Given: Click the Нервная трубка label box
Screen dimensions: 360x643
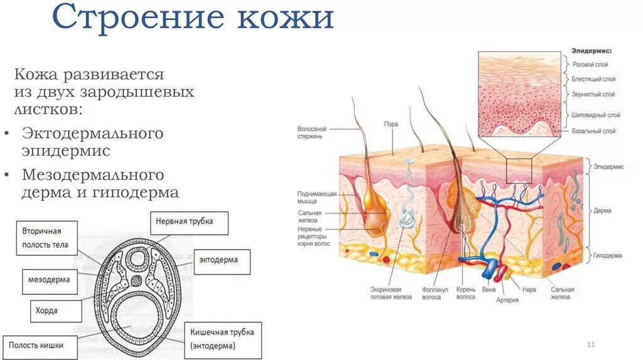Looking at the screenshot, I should click(x=190, y=222).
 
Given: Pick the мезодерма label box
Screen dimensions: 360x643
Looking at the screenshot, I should click(x=50, y=280).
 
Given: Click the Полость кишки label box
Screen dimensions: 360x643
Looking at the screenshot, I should click(x=41, y=346).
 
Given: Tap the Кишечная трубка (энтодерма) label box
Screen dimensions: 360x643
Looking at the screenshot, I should click(x=224, y=339).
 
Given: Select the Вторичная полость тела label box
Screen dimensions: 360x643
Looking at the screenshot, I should click(x=46, y=238).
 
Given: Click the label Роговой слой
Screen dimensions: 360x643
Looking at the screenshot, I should click(x=590, y=65).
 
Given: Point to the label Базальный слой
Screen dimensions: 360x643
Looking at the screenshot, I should click(x=593, y=131).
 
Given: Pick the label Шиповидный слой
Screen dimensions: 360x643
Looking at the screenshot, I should click(x=596, y=115).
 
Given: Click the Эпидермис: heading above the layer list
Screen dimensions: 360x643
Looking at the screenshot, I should click(x=591, y=50).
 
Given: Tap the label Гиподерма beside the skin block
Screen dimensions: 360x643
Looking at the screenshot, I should click(x=608, y=256).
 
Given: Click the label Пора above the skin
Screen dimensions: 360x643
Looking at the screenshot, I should click(x=391, y=124).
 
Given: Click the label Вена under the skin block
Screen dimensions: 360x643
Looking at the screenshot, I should click(x=489, y=290).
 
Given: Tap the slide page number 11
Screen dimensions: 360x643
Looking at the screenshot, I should click(x=590, y=345).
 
